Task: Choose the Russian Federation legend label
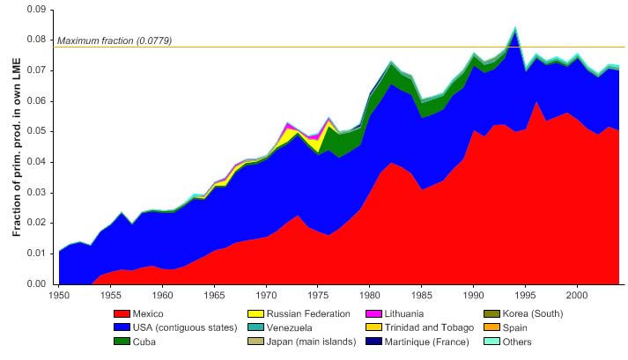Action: tap(309, 313)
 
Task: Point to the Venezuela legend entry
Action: tap(293, 327)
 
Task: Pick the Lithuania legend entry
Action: tap(425, 313)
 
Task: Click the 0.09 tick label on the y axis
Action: tap(34, 10)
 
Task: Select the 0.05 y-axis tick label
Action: tap(34, 132)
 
